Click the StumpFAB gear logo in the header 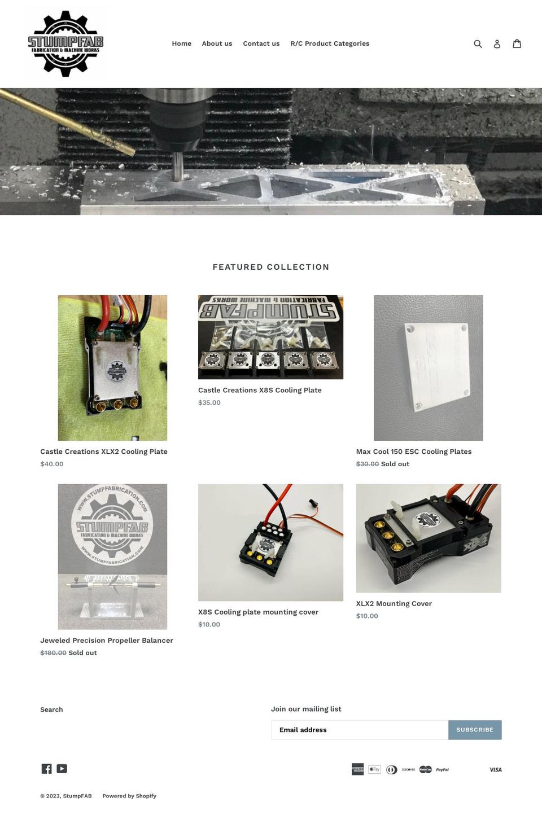tap(65, 43)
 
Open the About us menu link tap(217, 43)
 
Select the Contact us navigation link tap(261, 43)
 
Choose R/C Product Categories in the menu tap(330, 43)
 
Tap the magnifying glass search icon tap(478, 43)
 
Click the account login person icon tap(497, 43)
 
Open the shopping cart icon tap(517, 43)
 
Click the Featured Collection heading tap(271, 267)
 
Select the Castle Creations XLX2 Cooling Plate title tap(104, 452)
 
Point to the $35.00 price tap(209, 402)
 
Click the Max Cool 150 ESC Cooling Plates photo tap(428, 367)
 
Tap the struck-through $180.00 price tap(53, 653)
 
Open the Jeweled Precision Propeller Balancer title tap(107, 641)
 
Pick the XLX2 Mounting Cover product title tap(394, 604)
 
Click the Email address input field tap(360, 730)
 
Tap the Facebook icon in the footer tap(46, 769)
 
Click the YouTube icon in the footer tap(62, 769)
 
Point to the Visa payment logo tap(495, 770)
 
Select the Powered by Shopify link tap(129, 796)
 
